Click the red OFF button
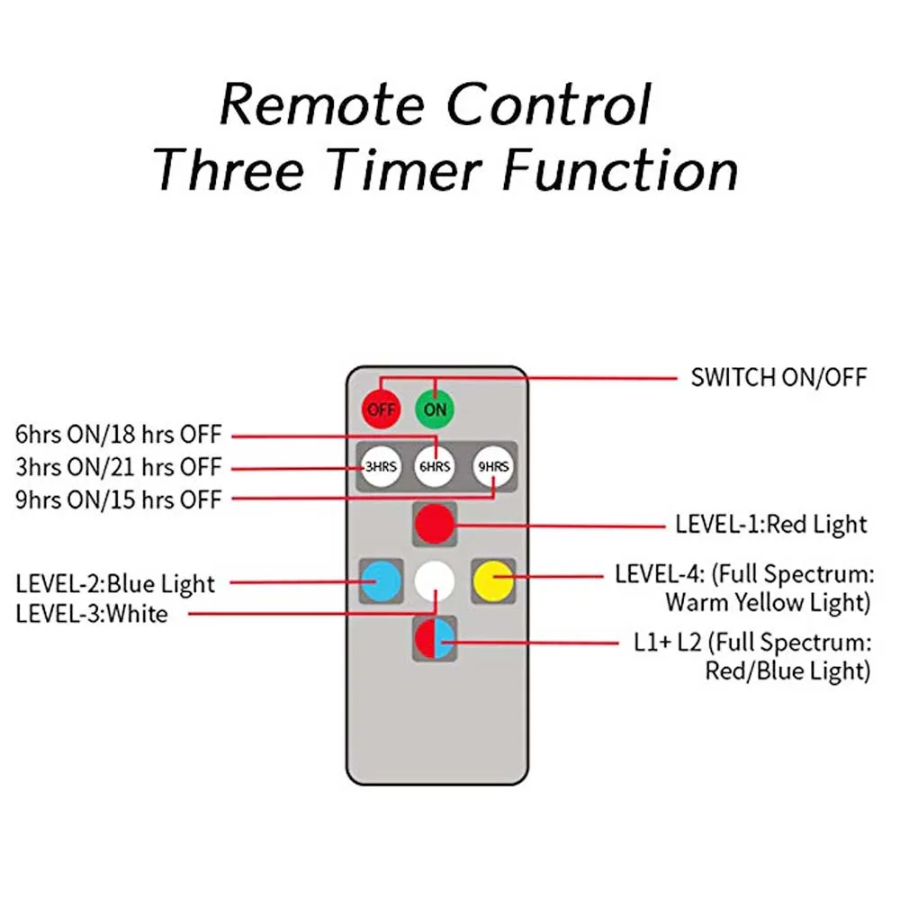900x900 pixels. pyautogui.click(x=381, y=409)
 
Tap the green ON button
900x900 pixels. pyautogui.click(x=436, y=409)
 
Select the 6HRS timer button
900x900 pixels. pyautogui.click(x=435, y=466)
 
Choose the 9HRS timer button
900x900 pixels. pyautogui.click(x=492, y=466)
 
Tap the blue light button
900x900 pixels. pyautogui.click(x=380, y=580)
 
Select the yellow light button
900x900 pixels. pyautogui.click(x=492, y=580)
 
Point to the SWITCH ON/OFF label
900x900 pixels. pyautogui.click(x=778, y=377)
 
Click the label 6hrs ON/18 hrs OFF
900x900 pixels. pyautogui.click(x=118, y=435)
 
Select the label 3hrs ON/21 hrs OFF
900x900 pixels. pyautogui.click(x=118, y=467)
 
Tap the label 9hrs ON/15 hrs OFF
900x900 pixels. pyautogui.click(x=118, y=499)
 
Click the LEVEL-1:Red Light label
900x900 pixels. pyautogui.click(x=771, y=524)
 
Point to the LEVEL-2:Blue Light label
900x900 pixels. pyautogui.click(x=115, y=583)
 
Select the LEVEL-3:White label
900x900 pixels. pyautogui.click(x=91, y=615)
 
